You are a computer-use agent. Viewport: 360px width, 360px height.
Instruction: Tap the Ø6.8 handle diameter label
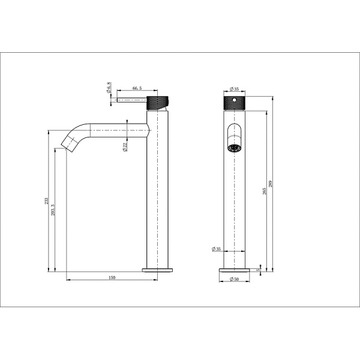point(109,89)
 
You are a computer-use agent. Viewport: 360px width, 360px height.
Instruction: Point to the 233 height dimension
point(46,203)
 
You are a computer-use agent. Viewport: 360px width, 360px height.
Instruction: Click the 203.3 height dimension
point(55,208)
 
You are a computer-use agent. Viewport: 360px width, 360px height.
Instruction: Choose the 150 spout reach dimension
point(112,277)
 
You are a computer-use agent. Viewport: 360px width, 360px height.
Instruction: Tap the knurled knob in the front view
point(233,102)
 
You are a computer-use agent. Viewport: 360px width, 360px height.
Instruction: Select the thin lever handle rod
point(131,101)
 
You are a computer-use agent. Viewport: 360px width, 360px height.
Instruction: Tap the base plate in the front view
point(233,270)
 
